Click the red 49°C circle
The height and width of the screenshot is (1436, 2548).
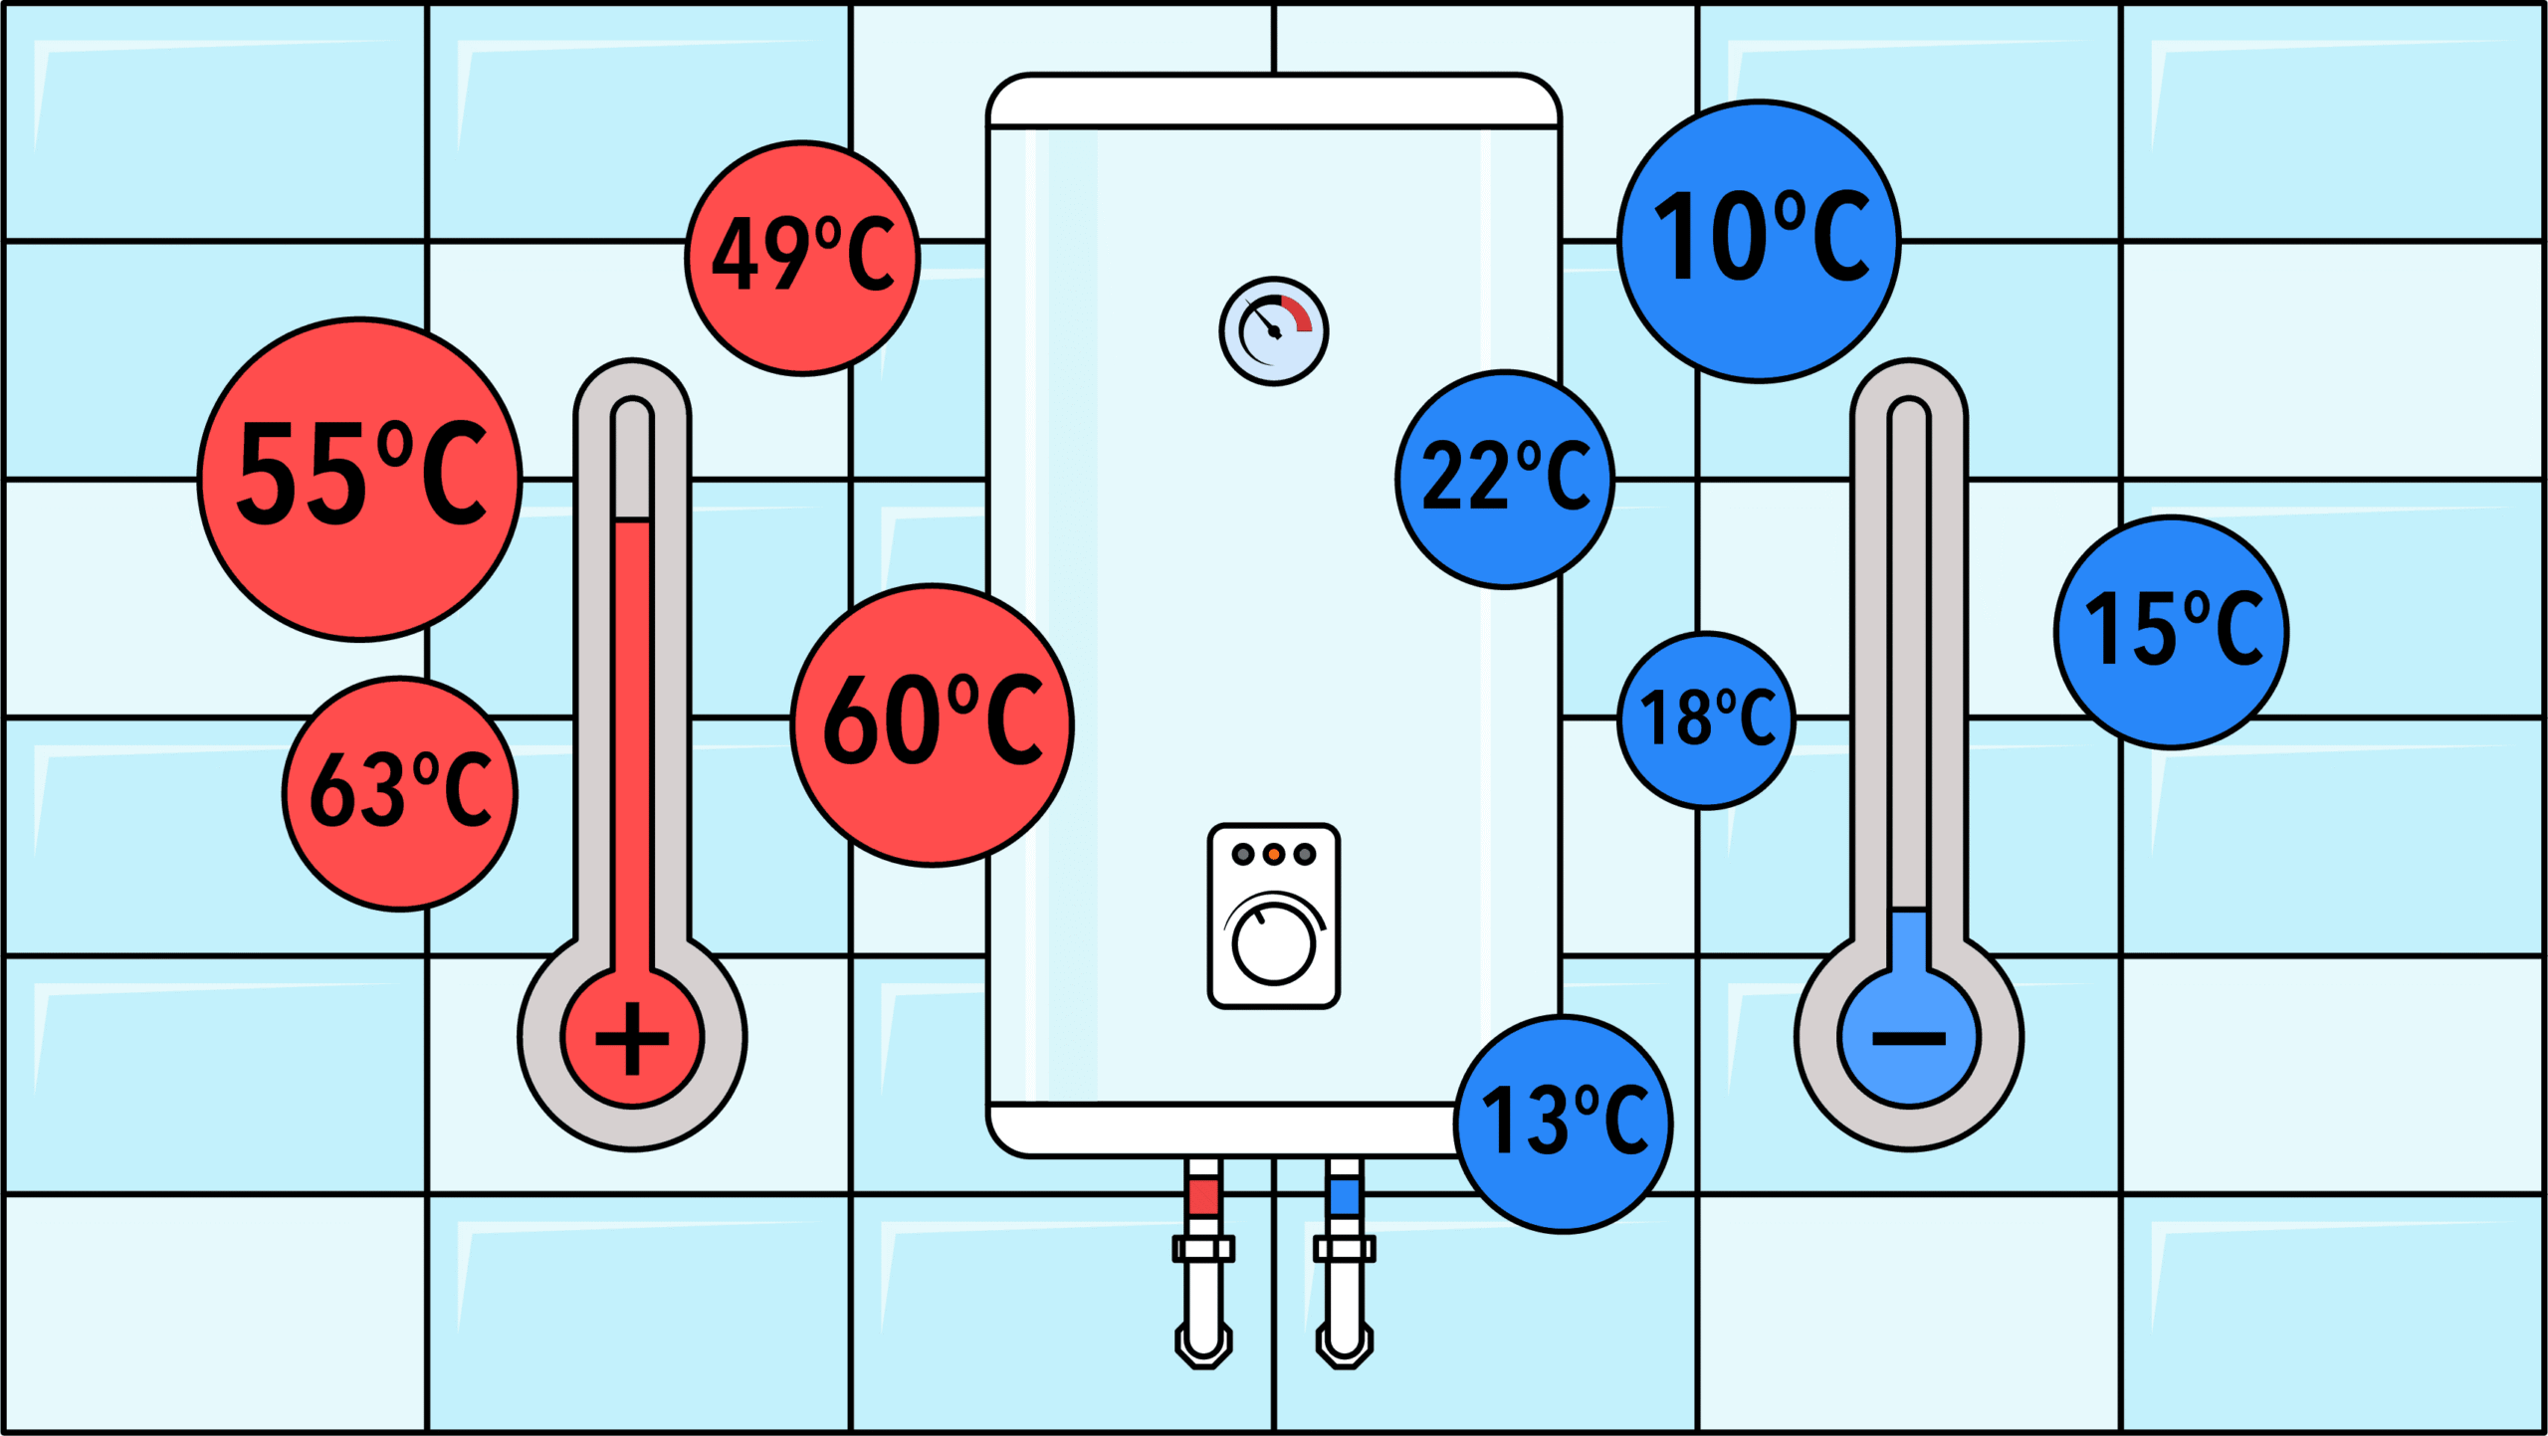[x=802, y=258]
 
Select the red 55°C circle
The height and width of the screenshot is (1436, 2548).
[x=360, y=480]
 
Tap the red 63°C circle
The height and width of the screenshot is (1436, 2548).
[x=400, y=793]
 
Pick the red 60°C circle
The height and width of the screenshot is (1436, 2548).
[x=933, y=724]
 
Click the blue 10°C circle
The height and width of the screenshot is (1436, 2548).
[x=1759, y=241]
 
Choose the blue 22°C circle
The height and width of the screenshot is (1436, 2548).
[x=1505, y=480]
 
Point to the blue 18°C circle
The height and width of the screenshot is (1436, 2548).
[x=1706, y=720]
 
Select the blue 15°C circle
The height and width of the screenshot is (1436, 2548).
[x=2172, y=632]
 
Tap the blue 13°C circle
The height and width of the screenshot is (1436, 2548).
[x=1564, y=1124]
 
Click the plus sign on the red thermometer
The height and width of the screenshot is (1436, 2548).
[x=632, y=1039]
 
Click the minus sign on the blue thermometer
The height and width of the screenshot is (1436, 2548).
[x=1909, y=1039]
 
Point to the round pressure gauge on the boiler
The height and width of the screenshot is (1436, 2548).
[x=1274, y=331]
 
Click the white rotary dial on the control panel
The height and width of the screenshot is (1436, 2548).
[x=1274, y=942]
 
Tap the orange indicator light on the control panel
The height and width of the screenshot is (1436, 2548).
[x=1274, y=854]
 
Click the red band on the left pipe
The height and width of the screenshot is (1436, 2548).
[x=1203, y=1195]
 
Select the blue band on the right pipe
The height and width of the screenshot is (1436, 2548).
[x=1345, y=1195]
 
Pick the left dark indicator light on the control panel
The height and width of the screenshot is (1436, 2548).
[x=1243, y=854]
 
